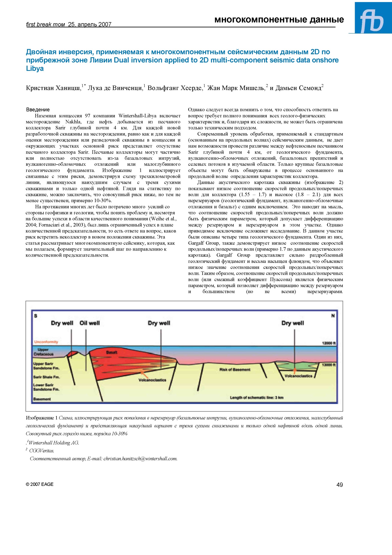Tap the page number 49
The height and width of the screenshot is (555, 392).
[340, 485]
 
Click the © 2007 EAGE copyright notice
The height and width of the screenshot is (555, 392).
[40, 484]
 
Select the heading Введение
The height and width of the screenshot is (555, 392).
[38, 109]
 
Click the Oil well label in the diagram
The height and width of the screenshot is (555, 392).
[90, 323]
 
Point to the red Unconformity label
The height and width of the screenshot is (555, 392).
[46, 342]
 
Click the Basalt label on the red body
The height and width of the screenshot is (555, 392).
[111, 352]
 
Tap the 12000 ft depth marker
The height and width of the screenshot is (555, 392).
[329, 343]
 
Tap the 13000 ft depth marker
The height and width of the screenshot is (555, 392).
[329, 365]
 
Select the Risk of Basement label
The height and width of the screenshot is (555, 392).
[235, 370]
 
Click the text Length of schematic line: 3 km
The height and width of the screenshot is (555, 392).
[257, 398]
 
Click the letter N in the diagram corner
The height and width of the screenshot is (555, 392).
[333, 316]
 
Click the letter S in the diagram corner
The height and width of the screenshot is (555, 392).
[36, 316]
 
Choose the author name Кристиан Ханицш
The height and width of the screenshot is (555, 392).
[53, 88]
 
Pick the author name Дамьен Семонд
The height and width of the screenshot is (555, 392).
[298, 88]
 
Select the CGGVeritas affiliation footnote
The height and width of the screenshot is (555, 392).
[41, 451]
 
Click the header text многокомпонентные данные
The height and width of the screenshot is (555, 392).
[279, 20]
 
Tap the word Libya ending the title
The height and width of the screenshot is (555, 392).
[35, 68]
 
